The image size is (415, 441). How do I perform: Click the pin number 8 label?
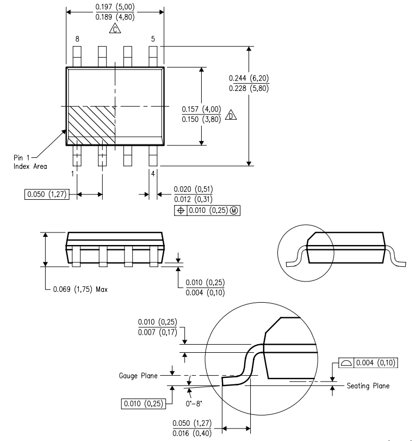coord(77,39)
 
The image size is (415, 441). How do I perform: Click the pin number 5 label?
coord(153,39)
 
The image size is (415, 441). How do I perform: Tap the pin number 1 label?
coord(72,174)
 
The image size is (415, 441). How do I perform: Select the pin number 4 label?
coord(154,174)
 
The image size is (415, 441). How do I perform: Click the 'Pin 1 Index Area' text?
coord(30,162)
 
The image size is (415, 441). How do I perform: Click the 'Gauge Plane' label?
coord(139,375)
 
